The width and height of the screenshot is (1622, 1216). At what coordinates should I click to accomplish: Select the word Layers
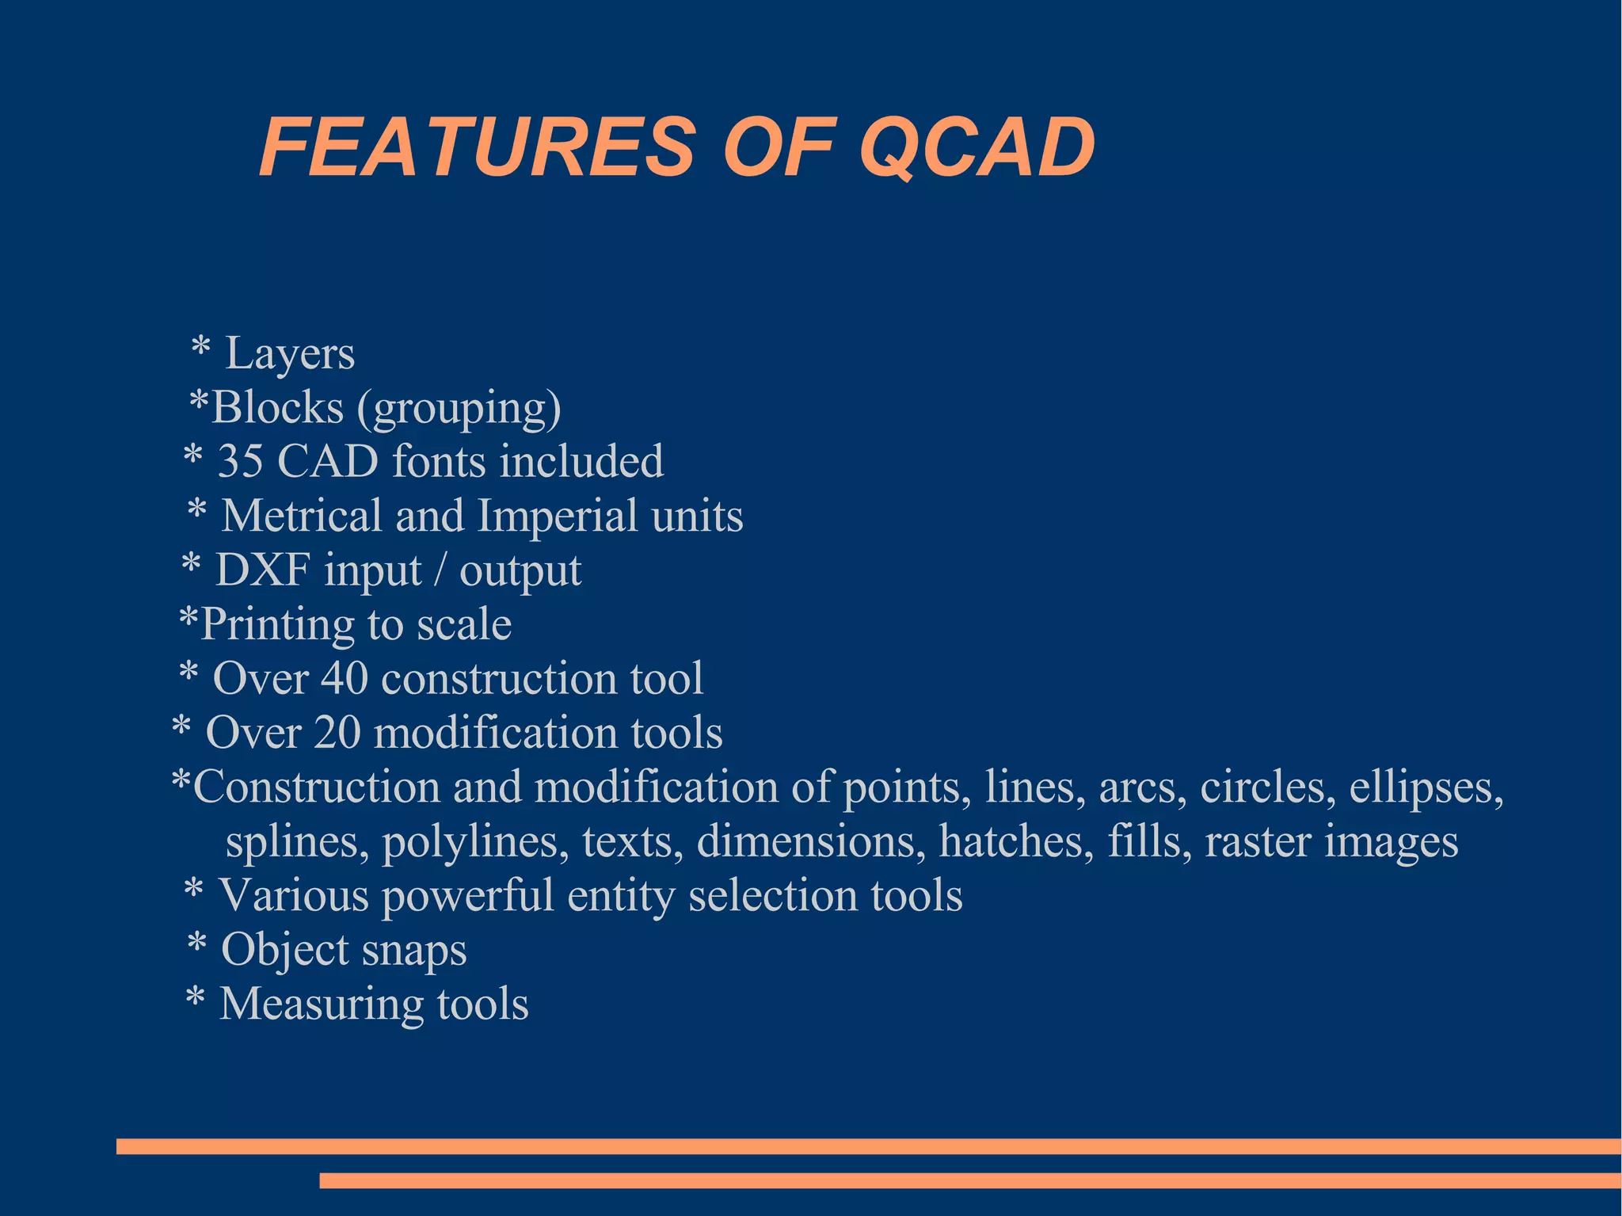point(290,354)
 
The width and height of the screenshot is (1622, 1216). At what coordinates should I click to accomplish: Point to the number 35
point(240,461)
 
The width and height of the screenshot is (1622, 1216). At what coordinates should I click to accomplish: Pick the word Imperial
point(558,517)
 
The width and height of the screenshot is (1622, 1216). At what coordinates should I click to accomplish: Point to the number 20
point(337,733)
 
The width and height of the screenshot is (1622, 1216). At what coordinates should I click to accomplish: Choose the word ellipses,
point(1426,788)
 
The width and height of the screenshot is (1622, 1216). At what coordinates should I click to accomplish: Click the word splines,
point(297,842)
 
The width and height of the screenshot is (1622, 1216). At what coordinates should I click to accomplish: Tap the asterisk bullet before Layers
point(200,349)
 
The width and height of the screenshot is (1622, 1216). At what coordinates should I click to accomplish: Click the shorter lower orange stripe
point(969,1180)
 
